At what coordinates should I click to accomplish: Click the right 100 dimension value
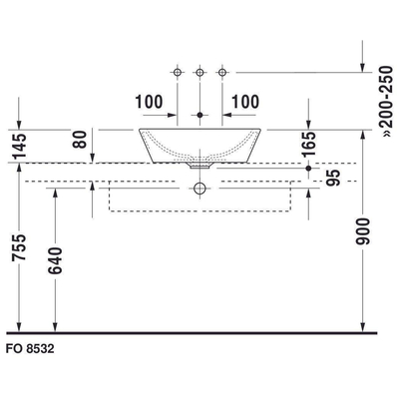point(246,101)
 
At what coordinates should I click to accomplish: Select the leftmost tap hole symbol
point(178,73)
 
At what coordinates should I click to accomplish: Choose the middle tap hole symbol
point(199,73)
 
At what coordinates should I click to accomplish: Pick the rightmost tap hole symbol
point(221,73)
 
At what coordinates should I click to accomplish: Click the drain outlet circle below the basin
point(199,187)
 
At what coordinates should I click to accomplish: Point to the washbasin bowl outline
point(199,146)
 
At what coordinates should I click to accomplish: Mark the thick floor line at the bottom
point(199,332)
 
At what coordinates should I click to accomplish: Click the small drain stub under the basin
point(199,169)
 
